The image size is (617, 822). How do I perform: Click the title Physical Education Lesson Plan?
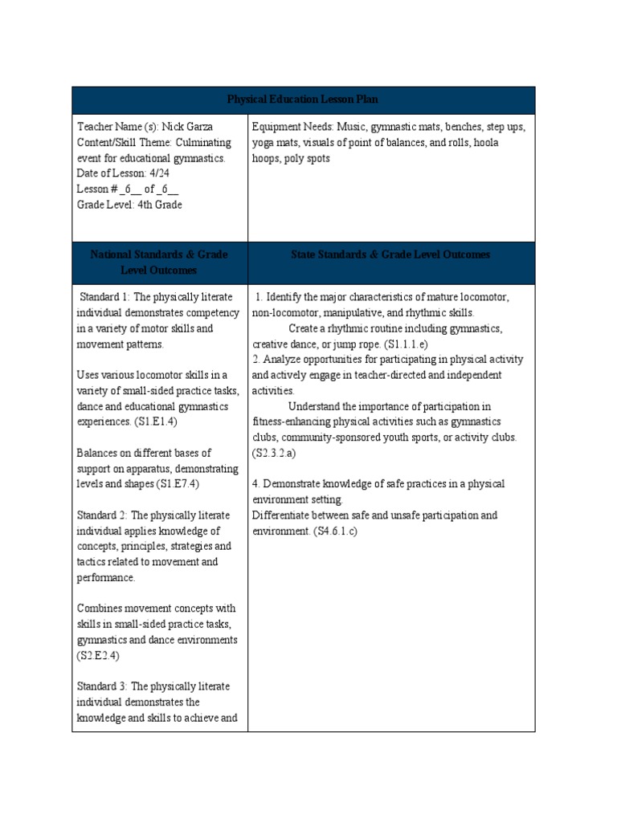pyautogui.click(x=303, y=100)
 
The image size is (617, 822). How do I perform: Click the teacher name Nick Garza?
pyautogui.click(x=188, y=127)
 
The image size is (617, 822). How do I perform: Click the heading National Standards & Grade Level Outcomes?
pyautogui.click(x=159, y=262)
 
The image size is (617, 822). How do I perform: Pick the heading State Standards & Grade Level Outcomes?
pyautogui.click(x=390, y=254)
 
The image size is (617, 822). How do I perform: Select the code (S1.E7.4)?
pyautogui.click(x=178, y=484)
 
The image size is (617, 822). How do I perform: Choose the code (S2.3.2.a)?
pyautogui.click(x=276, y=454)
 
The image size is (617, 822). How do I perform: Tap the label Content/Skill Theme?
pyautogui.click(x=119, y=143)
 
